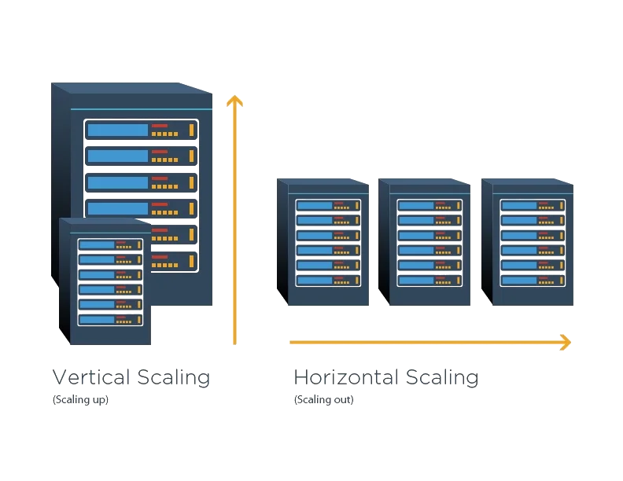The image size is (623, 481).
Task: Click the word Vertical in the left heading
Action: pyautogui.click(x=92, y=377)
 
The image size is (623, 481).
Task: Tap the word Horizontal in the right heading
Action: pyautogui.click(x=346, y=377)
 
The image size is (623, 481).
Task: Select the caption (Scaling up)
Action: pyautogui.click(x=80, y=399)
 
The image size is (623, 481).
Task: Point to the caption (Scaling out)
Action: pyautogui.click(x=323, y=399)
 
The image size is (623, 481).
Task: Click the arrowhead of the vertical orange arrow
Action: pyautogui.click(x=234, y=100)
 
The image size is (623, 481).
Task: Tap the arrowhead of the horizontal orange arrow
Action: pyautogui.click(x=564, y=342)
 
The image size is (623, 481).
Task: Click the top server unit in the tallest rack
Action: pyautogui.click(x=141, y=130)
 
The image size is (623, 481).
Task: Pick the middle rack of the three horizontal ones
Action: pyautogui.click(x=424, y=241)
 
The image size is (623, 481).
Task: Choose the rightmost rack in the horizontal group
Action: pyautogui.click(x=527, y=241)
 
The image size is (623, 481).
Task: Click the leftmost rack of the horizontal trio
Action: pyautogui.click(x=323, y=241)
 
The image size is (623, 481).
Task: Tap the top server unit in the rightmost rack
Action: pyautogui.click(x=533, y=205)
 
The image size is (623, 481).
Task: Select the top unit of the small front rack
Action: pyautogui.click(x=110, y=244)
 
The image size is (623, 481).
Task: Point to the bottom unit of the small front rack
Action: pyautogui.click(x=110, y=319)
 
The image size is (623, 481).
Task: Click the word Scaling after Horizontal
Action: pyautogui.click(x=441, y=377)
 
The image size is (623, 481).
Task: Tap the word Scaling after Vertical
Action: pyautogui.click(x=173, y=377)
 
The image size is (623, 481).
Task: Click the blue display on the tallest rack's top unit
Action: pyautogui.click(x=117, y=130)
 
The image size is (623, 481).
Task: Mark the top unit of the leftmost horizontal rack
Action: pyautogui.click(x=328, y=205)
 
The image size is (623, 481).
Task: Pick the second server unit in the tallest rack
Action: pyautogui.click(x=141, y=156)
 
